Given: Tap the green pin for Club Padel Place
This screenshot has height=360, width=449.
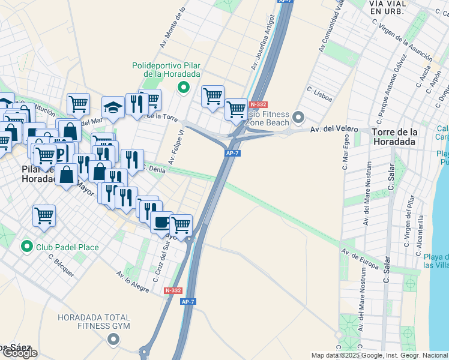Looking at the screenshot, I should (26, 246).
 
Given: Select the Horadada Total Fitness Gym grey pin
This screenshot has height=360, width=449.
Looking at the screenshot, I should (113, 340).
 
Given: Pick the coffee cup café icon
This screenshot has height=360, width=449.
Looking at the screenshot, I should (160, 221).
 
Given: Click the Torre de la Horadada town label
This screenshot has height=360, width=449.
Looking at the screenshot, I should (394, 137).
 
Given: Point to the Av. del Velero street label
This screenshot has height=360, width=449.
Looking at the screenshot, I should (334, 129).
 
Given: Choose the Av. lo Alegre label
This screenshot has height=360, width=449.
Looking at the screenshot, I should (133, 281).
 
